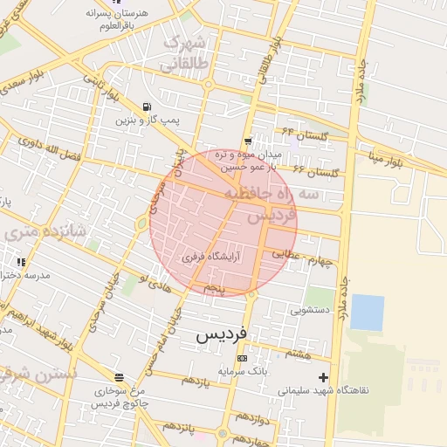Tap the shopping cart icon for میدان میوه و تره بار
click(249, 141)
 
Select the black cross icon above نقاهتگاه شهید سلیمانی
click(324, 377)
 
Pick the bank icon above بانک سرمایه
click(242, 359)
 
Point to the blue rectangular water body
click(367, 313)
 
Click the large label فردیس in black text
click(222, 334)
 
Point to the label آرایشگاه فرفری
click(210, 258)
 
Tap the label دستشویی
click(310, 309)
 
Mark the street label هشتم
click(299, 353)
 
